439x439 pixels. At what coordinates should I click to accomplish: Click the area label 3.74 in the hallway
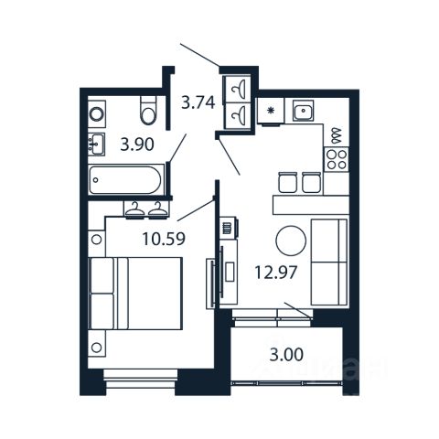[x=198, y=102]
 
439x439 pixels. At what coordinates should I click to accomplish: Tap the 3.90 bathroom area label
[x=137, y=145]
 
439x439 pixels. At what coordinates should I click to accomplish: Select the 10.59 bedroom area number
[x=164, y=239]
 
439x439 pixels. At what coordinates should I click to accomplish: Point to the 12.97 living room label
[x=275, y=273]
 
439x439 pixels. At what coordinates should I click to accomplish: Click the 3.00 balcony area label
[x=286, y=355]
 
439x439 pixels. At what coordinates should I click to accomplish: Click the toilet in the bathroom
[x=148, y=111]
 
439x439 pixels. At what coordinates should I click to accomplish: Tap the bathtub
[x=125, y=180]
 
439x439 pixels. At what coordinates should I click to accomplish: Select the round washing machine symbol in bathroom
[x=97, y=114]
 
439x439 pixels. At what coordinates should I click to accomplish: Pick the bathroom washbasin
[x=97, y=145]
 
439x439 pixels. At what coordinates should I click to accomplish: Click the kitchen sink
[x=304, y=111]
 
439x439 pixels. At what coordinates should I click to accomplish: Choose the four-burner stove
[x=337, y=159]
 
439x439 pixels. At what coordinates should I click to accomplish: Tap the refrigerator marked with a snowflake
[x=271, y=111]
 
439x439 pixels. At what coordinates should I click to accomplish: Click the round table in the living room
[x=291, y=241]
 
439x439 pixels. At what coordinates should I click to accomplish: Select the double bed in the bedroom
[x=135, y=294]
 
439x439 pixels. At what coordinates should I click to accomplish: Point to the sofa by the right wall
[x=329, y=262]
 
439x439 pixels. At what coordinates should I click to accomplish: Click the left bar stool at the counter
[x=287, y=182]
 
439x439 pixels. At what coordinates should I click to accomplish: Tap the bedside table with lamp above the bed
[x=97, y=240]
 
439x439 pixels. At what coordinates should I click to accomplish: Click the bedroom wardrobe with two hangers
[x=146, y=209]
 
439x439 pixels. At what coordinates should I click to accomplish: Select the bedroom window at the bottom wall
[x=141, y=379]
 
